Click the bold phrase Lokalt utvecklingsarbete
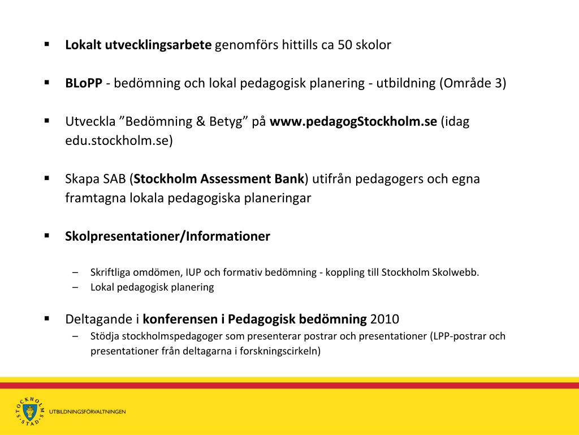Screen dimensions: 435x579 (x=138, y=45)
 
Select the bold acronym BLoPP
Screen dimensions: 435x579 (x=83, y=83)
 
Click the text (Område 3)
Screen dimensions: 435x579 (x=473, y=83)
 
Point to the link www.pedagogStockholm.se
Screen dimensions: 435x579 (x=353, y=122)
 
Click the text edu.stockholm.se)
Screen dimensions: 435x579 (x=119, y=141)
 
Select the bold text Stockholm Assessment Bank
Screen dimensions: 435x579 (x=219, y=179)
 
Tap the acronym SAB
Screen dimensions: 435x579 (x=116, y=179)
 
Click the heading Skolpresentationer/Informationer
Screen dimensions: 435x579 (x=167, y=236)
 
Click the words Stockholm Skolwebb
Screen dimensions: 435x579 (x=430, y=272)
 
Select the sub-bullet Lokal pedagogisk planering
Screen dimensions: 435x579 (x=152, y=287)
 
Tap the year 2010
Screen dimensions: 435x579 (x=384, y=318)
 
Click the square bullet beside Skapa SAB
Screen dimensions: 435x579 (x=47, y=178)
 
